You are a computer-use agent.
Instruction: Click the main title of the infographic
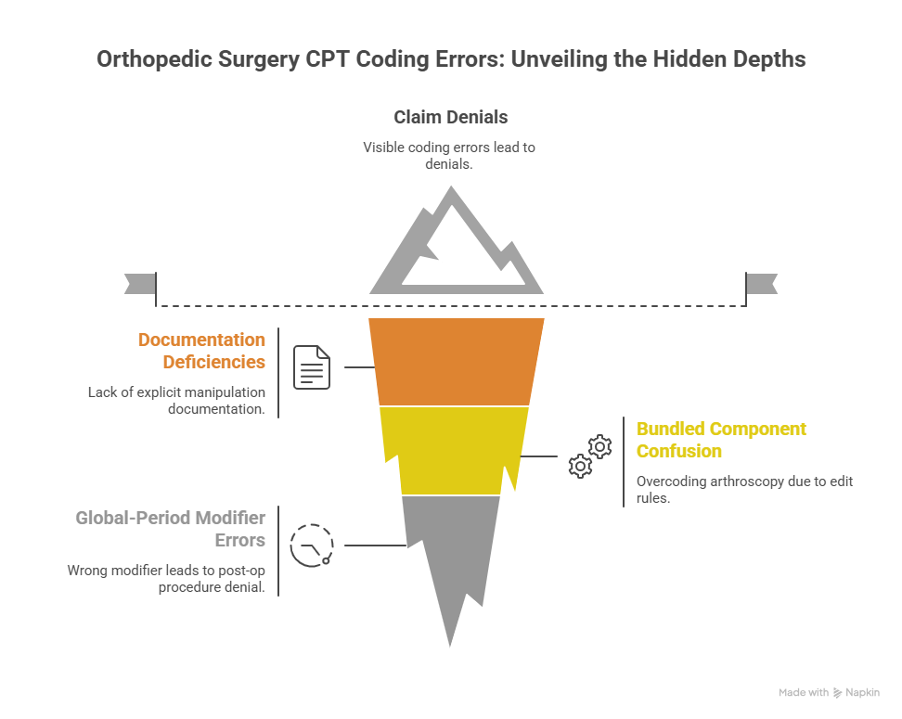(451, 59)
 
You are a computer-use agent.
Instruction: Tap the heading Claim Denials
(451, 118)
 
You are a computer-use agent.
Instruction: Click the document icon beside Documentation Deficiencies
(312, 367)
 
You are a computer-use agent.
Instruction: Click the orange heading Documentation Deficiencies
(202, 351)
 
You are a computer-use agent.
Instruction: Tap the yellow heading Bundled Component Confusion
(721, 440)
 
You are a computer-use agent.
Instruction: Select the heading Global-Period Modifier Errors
(171, 528)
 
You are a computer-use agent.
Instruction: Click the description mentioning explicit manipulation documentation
(176, 400)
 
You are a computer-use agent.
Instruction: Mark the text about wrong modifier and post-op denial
(166, 578)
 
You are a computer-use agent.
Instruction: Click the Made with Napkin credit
(829, 692)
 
